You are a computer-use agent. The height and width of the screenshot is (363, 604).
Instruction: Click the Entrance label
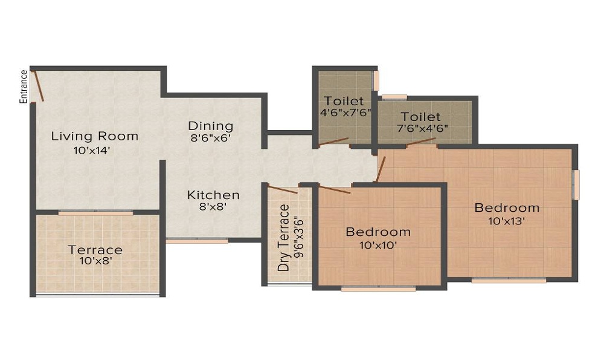pos(24,87)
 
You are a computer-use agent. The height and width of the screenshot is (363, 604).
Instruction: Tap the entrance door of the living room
pos(37,86)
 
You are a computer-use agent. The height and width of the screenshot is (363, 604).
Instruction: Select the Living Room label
pos(95,136)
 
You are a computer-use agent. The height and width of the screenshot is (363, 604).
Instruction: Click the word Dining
pos(211,126)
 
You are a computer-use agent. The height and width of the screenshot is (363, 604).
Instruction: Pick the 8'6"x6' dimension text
pos(211,138)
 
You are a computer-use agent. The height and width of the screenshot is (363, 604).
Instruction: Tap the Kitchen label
pos(213,195)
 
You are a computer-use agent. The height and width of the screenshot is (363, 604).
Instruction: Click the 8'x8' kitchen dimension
pos(213,207)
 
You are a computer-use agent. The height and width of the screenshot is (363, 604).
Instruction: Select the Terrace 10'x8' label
pos(95,255)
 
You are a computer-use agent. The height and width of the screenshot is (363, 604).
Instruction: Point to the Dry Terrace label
pos(283,238)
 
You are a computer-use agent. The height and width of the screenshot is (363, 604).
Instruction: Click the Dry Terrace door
pos(282,189)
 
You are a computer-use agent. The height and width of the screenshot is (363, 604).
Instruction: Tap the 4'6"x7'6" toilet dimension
pos(345,113)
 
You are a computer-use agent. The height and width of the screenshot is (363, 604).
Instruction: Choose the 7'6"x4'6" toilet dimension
pos(422,128)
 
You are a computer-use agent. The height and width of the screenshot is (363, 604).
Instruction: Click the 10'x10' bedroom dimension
pos(378,245)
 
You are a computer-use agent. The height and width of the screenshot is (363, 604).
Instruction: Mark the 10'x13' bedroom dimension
pos(507,221)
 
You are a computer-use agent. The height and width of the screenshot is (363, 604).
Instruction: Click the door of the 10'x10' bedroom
pos(335,189)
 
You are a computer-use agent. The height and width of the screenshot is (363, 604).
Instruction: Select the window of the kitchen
pos(198,241)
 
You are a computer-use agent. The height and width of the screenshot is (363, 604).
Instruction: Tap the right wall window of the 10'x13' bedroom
pos(576,185)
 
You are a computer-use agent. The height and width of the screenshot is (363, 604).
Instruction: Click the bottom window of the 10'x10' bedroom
pos(378,288)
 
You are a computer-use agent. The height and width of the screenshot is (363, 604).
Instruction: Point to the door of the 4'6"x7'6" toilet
pos(333,142)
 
